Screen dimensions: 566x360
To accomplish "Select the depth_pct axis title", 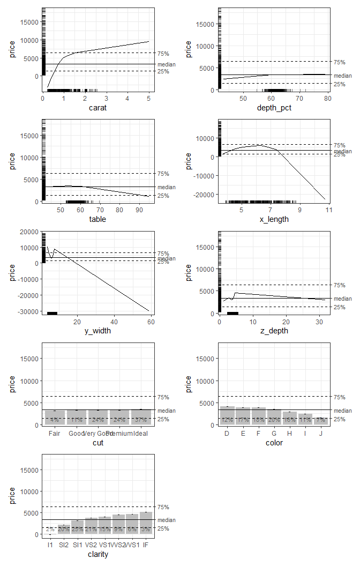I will (274, 108).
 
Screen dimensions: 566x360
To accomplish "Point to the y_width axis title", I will (98, 330).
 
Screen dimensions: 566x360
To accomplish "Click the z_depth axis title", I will (274, 330).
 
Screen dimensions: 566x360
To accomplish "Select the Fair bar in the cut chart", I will (54, 418).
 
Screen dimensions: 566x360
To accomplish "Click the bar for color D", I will (227, 415).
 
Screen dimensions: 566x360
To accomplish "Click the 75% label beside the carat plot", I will (163, 54).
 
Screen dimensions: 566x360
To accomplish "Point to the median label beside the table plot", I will (166, 187).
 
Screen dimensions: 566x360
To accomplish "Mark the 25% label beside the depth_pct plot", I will (339, 84).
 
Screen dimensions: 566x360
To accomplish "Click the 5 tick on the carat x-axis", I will (148, 98).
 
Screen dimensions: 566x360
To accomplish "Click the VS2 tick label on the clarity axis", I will (91, 545).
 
